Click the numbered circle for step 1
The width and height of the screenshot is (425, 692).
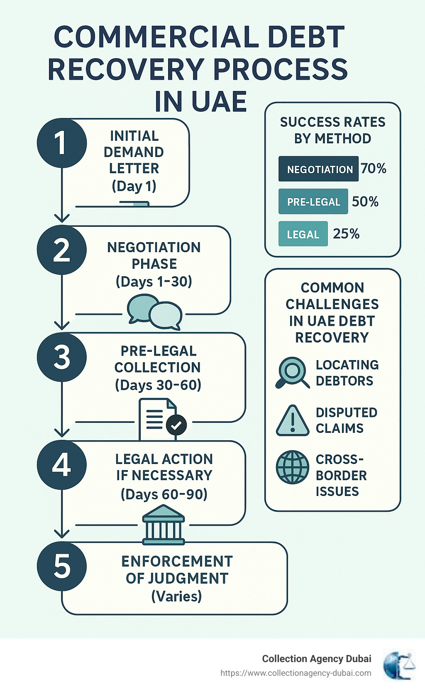coord(62,143)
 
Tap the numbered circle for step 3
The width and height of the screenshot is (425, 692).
coord(62,357)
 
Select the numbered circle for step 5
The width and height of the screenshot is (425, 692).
coord(62,566)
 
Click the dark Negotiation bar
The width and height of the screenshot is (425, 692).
coord(318,169)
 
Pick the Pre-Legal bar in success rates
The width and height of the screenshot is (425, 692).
coord(313,201)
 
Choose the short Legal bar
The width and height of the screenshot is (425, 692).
coord(303,234)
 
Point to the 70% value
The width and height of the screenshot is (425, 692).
coord(374,168)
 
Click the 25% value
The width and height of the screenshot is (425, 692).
coord(346,233)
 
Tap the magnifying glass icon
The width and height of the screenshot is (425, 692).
coord(292,372)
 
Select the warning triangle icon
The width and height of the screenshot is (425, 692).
coord(293,420)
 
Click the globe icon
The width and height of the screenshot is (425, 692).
coord(293,467)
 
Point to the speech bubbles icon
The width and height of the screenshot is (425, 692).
coord(154,312)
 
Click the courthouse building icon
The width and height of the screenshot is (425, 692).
coord(164,525)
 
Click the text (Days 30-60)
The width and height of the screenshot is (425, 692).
coord(158,385)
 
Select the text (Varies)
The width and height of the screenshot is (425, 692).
coord(176,596)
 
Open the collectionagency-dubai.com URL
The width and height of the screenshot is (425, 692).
coord(296,673)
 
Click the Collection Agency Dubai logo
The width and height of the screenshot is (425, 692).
coord(399,665)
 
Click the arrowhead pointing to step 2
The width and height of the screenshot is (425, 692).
coord(62,218)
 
